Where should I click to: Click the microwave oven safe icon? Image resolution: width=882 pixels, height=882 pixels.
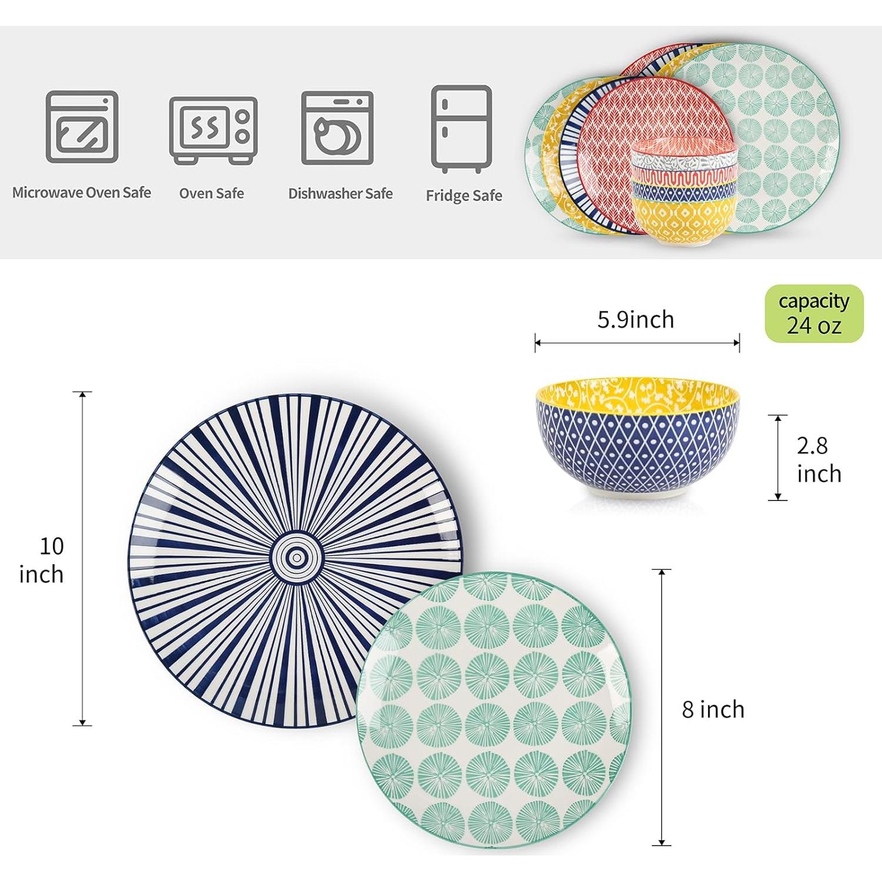click(82, 126)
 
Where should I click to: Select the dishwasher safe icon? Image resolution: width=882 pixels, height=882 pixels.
click(338, 128)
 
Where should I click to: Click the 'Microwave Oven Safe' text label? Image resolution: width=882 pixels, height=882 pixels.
click(82, 193)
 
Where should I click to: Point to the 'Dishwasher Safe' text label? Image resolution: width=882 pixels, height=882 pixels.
click(340, 193)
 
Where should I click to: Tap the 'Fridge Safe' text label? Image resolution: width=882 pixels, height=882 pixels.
click(464, 196)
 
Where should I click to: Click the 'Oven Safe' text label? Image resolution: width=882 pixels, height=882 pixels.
click(212, 193)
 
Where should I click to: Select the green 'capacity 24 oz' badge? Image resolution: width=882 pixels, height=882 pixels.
click(814, 313)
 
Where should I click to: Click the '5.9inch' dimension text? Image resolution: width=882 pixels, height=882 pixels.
click(636, 319)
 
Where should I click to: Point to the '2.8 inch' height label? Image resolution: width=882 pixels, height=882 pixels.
click(818, 460)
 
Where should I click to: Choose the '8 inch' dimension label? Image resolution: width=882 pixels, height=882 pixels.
click(713, 710)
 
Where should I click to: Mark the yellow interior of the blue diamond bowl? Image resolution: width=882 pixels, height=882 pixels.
click(636, 390)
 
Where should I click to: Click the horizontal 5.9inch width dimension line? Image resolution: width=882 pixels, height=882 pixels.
click(637, 343)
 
